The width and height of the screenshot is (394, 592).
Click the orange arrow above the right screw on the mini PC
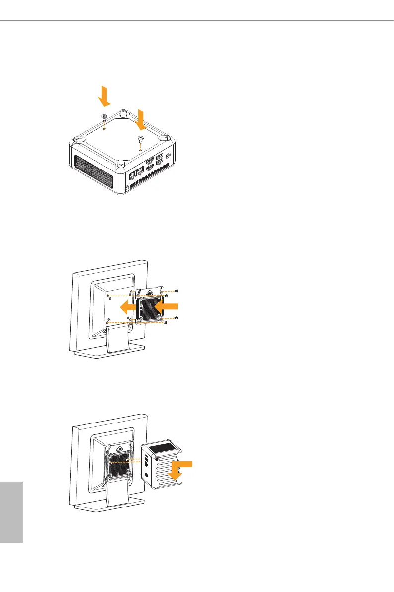click(x=142, y=119)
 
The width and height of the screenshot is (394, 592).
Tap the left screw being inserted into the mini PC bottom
click(x=103, y=117)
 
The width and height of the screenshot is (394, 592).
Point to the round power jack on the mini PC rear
click(x=170, y=155)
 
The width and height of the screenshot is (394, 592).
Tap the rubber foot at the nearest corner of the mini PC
click(x=121, y=162)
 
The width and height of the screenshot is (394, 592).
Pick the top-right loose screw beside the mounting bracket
click(x=177, y=290)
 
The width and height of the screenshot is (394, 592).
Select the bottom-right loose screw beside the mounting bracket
click(x=166, y=323)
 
